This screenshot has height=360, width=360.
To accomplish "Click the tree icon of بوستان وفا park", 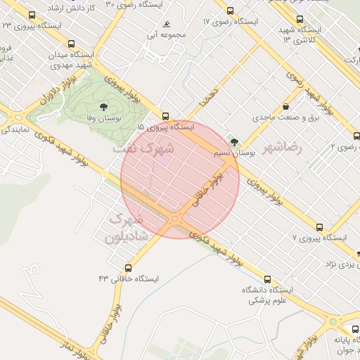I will (x=104, y=107).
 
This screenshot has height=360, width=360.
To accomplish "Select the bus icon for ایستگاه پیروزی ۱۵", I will (x=165, y=116).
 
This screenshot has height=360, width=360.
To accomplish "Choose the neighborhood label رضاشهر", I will (x=282, y=149).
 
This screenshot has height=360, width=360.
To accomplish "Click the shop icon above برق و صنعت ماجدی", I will (x=285, y=106).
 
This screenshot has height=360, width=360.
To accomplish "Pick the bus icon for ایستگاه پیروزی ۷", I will (x=320, y=227).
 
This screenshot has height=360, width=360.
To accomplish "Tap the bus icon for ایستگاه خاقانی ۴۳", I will (x=128, y=267).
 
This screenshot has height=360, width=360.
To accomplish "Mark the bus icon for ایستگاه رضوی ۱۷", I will (x=230, y=11).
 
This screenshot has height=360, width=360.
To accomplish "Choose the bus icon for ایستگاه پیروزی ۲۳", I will (x=31, y=15).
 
